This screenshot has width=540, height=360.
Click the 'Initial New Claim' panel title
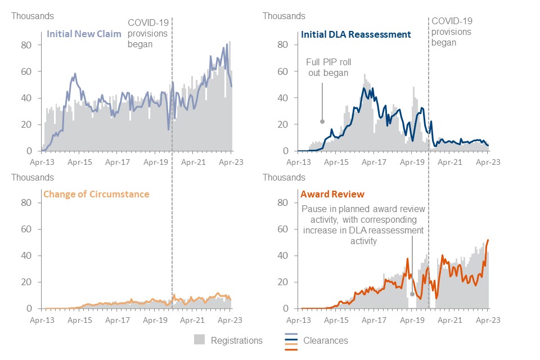pos(84,34)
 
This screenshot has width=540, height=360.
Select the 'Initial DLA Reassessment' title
pos(355,34)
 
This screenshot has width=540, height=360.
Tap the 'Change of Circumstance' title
pos(96,194)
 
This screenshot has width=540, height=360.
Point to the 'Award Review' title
pos(332,194)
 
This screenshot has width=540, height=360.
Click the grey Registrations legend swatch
pos(199,339)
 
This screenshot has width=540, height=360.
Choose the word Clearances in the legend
pos(326,340)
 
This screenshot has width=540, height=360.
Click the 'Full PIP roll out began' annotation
pos(328,67)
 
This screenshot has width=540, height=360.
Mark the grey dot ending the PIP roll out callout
pos(322,121)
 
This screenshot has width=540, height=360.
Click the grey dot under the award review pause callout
pos(412,294)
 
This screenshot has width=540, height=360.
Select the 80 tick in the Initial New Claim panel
pos(26,45)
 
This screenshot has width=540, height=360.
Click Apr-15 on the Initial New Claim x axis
pos(79,162)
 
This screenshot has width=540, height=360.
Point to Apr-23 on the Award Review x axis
pos(488,320)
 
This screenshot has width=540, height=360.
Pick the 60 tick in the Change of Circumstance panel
pos(26,229)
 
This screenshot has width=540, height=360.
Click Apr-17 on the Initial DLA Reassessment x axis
pos(374,162)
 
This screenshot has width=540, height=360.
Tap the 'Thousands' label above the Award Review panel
pos(283,177)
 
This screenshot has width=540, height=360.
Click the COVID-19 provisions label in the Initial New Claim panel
pos(148,33)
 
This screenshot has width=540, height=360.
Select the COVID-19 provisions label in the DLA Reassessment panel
pos(452,31)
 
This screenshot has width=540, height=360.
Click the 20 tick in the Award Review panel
pos(282,282)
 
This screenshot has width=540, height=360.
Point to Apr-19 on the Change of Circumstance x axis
pos(155,320)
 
